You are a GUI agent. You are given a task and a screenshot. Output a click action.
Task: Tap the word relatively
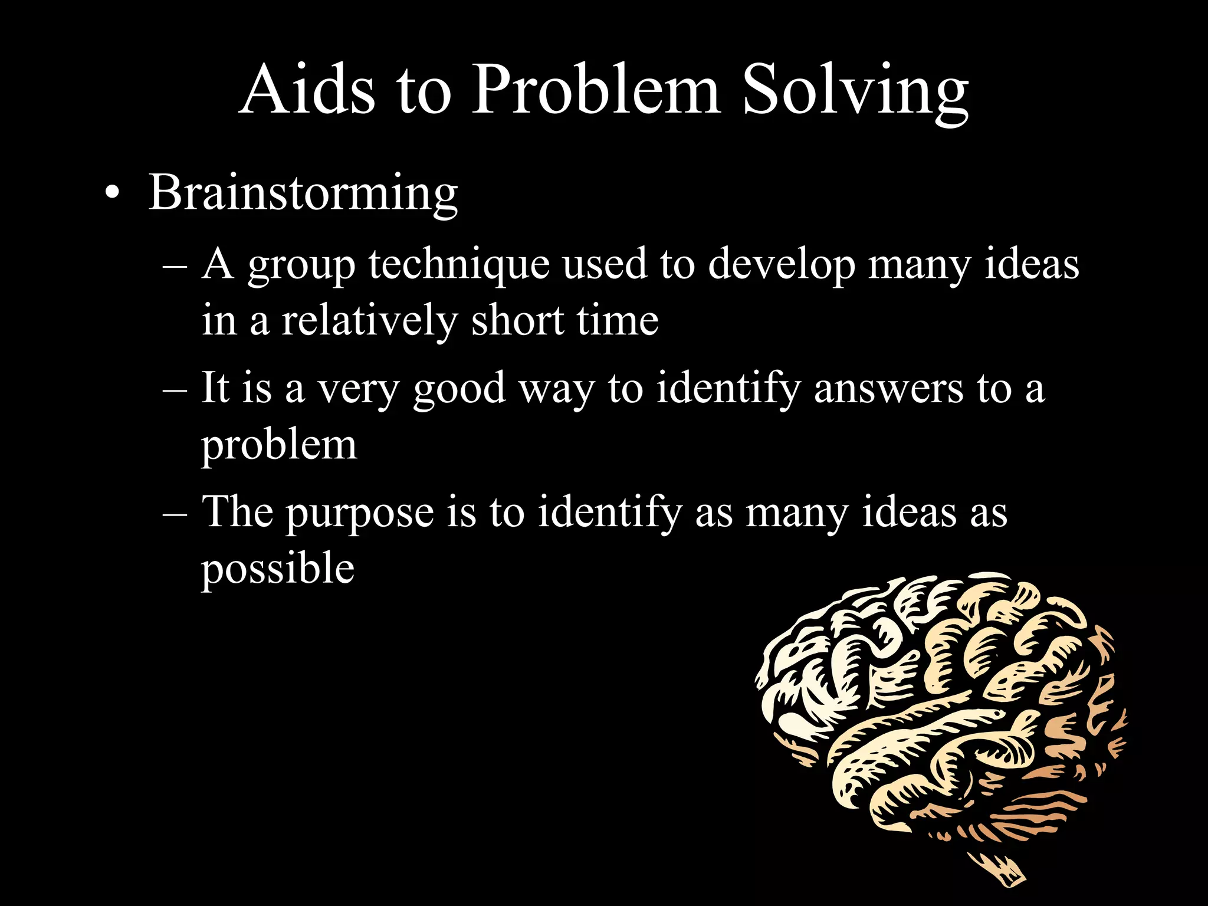point(369,321)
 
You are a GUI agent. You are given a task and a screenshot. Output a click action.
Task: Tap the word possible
point(278,569)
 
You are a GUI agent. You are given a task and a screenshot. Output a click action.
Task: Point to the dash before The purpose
point(174,513)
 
